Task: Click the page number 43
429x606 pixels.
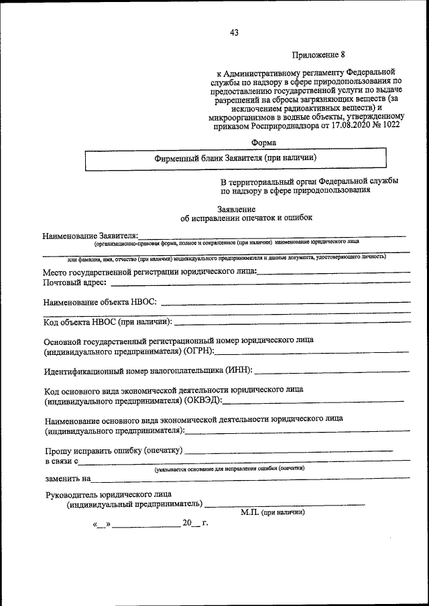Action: click(x=234, y=32)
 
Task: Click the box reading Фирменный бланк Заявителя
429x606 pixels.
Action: click(x=235, y=158)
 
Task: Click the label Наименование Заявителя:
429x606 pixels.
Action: click(x=90, y=236)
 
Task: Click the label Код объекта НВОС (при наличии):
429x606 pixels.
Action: click(x=108, y=321)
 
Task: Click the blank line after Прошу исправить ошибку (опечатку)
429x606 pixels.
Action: click(x=289, y=451)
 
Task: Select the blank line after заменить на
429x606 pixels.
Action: click(x=252, y=479)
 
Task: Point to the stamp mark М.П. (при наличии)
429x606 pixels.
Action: click(x=272, y=513)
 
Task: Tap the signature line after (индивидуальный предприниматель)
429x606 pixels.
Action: click(x=284, y=504)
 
